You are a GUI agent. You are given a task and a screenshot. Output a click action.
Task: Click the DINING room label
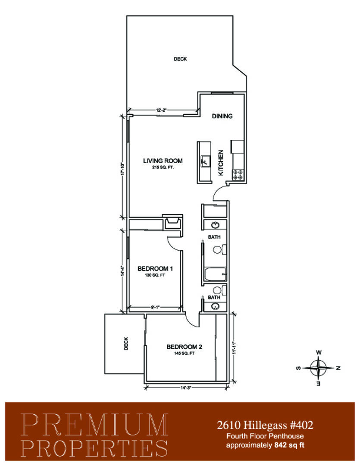tap(222, 116)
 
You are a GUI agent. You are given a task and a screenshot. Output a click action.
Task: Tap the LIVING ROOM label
tap(163, 161)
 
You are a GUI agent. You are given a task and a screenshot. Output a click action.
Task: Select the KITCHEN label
tap(221, 163)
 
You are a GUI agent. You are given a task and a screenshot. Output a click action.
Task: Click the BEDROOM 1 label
tap(155, 269)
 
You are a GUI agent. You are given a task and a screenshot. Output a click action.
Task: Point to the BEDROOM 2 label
tap(184, 347)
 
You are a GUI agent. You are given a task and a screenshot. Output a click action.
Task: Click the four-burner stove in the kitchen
tap(238, 174)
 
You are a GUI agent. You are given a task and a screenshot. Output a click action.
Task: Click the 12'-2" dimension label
tap(162, 110)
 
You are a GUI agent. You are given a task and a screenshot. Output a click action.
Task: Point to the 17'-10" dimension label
tap(122, 169)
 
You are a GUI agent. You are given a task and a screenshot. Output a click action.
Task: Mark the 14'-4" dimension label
tap(122, 271)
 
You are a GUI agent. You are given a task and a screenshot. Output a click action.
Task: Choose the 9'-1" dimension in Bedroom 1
tap(155, 308)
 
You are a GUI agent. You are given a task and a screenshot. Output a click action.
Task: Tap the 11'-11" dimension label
tap(234, 347)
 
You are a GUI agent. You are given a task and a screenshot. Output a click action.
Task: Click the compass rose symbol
tap(319, 368)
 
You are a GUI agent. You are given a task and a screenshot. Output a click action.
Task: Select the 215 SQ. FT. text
tap(163, 167)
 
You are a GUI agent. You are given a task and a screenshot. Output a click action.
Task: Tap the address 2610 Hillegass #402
tap(265, 425)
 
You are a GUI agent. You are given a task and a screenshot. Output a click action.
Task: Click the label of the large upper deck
tap(180, 59)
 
